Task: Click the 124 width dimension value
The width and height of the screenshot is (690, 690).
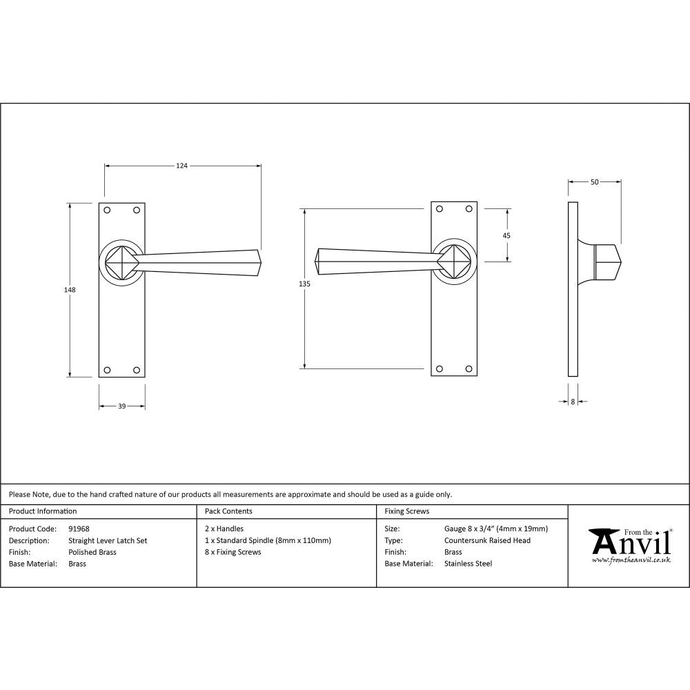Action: click(x=181, y=166)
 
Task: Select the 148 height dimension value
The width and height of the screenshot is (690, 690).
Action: click(x=70, y=290)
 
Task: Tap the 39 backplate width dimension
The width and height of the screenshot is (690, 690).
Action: click(x=121, y=406)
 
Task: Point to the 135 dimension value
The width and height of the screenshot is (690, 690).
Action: click(x=305, y=284)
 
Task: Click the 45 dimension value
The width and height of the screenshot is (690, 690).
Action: click(x=506, y=235)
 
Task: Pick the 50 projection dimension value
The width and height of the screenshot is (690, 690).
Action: click(x=594, y=182)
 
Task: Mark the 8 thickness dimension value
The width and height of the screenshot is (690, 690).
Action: click(x=573, y=401)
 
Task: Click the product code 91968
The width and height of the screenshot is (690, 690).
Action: click(x=79, y=529)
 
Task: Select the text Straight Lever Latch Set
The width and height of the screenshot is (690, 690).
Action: click(x=108, y=541)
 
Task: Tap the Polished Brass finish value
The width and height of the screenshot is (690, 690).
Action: click(x=92, y=552)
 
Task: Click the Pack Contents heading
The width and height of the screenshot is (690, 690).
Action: click(x=228, y=511)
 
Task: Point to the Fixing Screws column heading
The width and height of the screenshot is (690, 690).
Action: click(x=406, y=511)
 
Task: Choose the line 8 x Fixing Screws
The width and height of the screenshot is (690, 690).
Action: click(x=233, y=552)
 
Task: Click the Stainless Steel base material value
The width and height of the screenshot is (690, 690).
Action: click(x=469, y=564)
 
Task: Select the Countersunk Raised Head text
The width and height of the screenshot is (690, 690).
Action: click(x=487, y=541)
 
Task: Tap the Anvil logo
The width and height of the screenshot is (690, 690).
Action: click(x=629, y=544)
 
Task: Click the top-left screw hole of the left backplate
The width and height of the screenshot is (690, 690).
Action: click(x=107, y=210)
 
